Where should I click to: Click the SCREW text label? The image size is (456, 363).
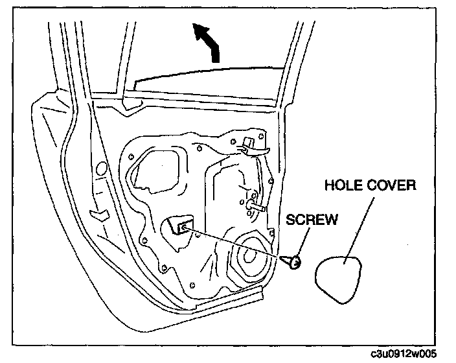[x=313, y=219]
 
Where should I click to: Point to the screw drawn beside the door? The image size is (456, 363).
[x=292, y=261]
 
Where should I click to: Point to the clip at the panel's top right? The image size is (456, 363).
[x=250, y=144]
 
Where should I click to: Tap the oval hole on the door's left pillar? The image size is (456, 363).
[x=101, y=170]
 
